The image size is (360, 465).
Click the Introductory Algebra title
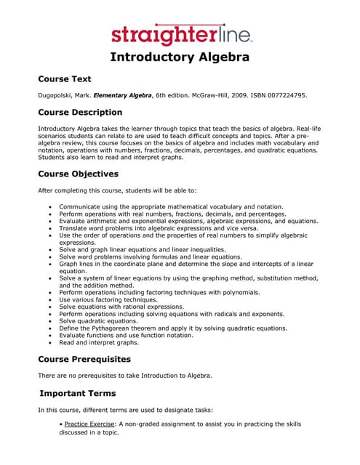point(180,57)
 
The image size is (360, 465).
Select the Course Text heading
point(64,78)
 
